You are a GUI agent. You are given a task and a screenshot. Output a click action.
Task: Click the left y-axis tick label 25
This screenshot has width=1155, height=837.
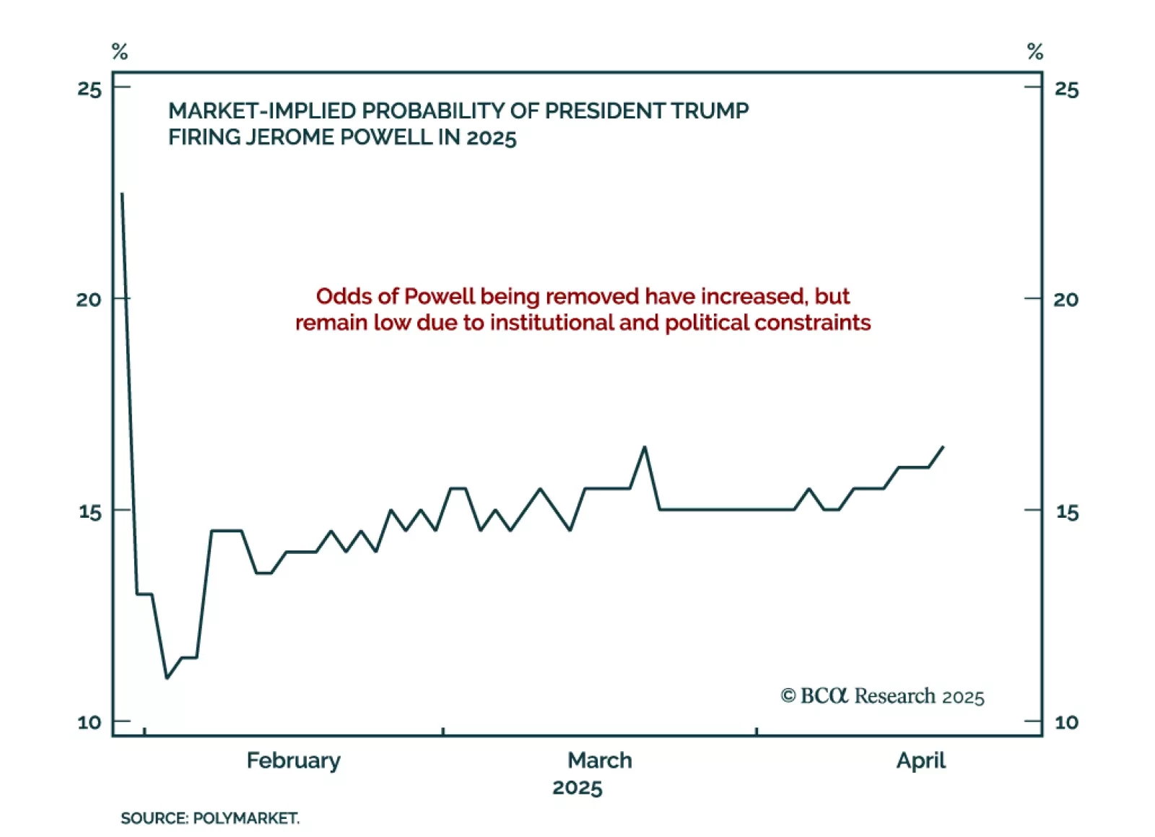90,89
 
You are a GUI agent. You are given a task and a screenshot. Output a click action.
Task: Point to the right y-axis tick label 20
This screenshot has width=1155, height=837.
1065,299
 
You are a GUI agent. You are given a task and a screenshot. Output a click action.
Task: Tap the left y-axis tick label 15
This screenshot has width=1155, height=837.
90,511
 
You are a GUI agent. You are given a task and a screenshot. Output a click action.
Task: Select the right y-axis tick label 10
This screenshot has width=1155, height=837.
1065,722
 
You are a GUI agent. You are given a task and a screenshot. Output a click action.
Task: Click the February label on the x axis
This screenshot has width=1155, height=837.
293,760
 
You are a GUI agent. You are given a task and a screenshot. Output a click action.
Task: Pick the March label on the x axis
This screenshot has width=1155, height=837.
599,760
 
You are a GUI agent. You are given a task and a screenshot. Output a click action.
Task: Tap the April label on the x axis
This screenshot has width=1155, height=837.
920,760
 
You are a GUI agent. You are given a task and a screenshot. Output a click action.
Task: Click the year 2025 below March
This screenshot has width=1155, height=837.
577,787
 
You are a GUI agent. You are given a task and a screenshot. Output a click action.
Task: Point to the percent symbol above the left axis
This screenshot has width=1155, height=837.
120,52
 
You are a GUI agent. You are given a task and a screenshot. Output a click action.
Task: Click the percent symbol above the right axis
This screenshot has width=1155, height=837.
1034,52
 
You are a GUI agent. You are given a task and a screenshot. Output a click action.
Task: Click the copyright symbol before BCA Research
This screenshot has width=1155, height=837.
788,695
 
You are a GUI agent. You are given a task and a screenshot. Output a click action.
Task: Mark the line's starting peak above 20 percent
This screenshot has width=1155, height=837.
122,194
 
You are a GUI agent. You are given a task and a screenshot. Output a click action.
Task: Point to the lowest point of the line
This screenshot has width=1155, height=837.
167,678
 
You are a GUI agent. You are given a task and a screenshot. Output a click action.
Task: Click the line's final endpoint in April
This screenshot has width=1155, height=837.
943,447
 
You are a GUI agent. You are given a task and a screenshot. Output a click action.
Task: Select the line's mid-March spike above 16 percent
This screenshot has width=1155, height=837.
645,447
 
